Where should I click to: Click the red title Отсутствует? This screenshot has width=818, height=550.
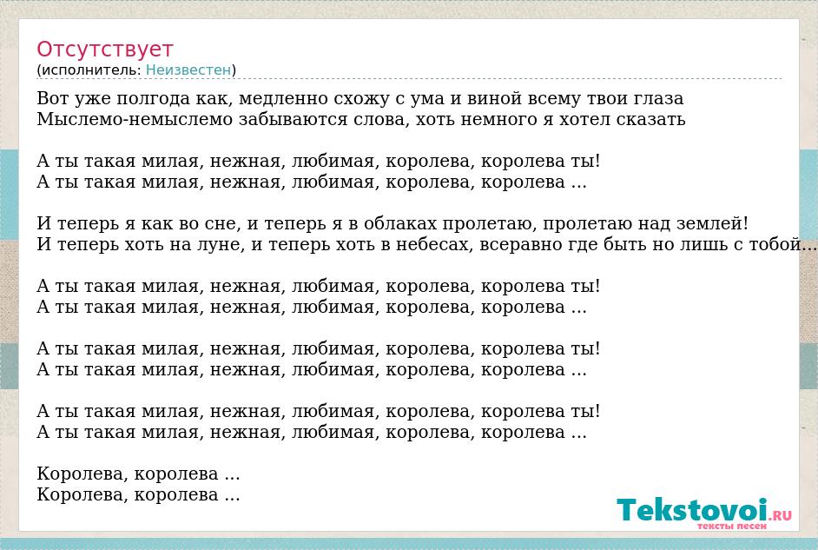tap(104, 49)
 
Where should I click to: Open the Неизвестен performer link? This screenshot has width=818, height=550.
tap(188, 70)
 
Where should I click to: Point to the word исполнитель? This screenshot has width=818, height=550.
tap(91, 70)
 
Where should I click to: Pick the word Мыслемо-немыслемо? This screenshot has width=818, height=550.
tap(135, 119)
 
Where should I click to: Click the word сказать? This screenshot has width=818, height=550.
tap(650, 120)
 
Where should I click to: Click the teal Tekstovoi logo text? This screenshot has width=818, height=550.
tap(692, 510)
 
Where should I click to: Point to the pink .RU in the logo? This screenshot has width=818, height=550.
tap(781, 515)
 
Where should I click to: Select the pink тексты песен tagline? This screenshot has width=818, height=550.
tap(731, 526)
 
